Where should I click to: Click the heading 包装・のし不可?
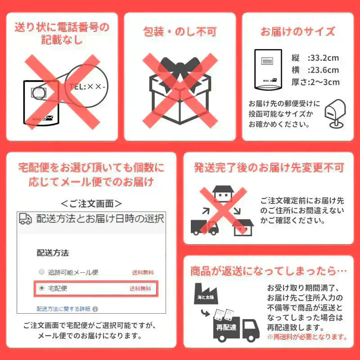[x=180, y=31]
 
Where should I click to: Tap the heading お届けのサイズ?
[x=298, y=31]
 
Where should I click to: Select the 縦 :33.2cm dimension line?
[x=315, y=58]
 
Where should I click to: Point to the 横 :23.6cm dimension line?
[x=315, y=70]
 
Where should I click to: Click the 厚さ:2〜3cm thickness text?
[x=315, y=82]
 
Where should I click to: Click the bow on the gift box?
[x=180, y=67]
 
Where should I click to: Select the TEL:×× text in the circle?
[x=88, y=86]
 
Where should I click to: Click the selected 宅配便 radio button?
[x=42, y=288]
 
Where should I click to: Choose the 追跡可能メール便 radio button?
[x=42, y=272]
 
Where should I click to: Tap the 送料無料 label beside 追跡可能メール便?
[x=142, y=273]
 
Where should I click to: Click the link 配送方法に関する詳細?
[x=63, y=309]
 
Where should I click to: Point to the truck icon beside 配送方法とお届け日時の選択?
[x=25, y=219]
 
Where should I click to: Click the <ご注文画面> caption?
[x=91, y=203]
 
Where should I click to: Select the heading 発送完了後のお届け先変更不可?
[x=269, y=168]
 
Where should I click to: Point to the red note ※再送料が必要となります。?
[x=307, y=336]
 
